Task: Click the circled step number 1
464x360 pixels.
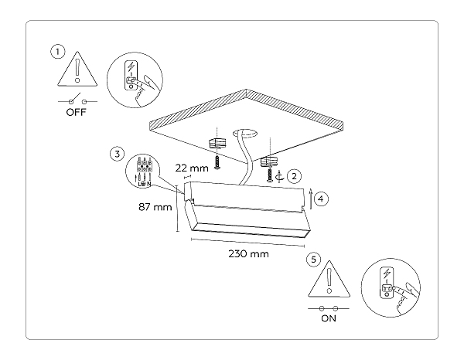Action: click(56, 52)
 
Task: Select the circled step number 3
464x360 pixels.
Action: click(116, 153)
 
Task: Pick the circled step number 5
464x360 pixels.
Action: click(312, 260)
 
